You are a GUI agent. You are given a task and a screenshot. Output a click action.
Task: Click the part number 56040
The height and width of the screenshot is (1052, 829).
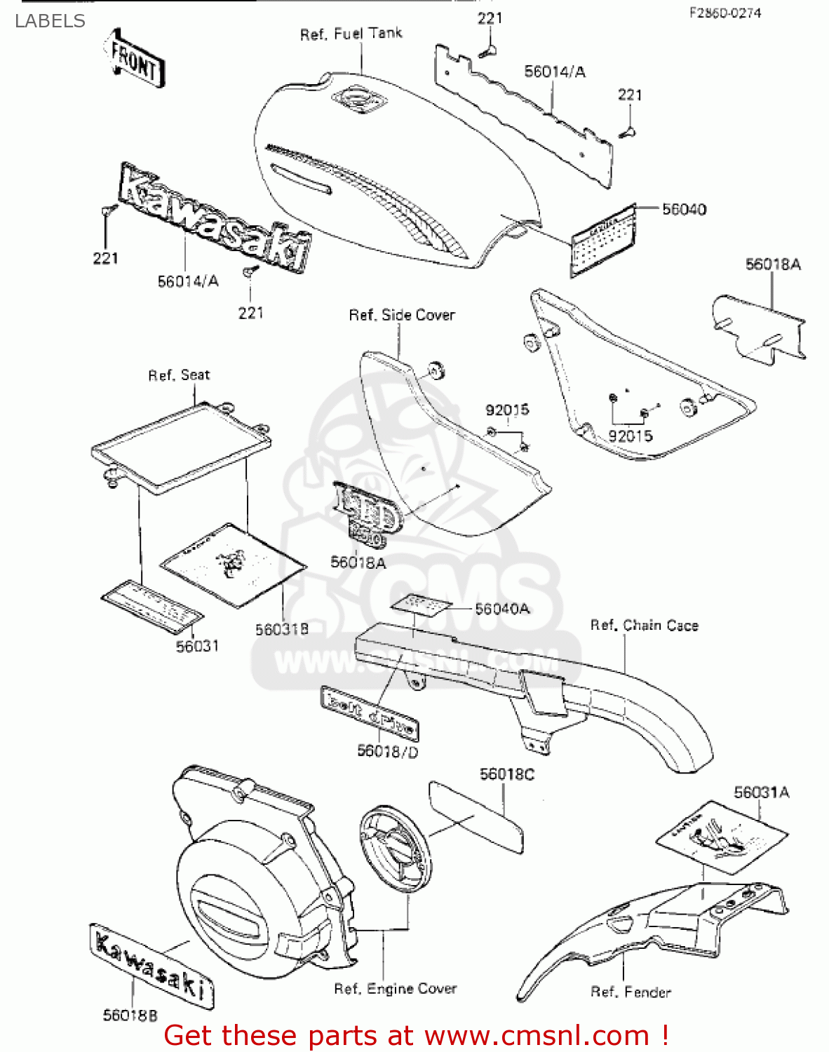click(684, 209)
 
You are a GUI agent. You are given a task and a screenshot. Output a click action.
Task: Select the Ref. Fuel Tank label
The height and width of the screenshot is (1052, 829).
click(351, 34)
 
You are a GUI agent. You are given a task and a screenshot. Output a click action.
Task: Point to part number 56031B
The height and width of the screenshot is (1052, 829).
click(281, 629)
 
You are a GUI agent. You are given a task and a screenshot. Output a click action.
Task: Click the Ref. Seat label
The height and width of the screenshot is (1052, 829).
click(179, 375)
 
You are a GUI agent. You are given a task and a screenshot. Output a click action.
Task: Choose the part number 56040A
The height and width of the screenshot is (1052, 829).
click(502, 609)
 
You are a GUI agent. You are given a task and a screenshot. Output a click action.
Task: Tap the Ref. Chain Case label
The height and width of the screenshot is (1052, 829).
click(644, 625)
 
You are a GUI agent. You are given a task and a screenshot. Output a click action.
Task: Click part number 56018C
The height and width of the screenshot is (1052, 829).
click(506, 774)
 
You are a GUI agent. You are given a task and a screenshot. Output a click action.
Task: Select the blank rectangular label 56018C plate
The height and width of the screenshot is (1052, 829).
click(476, 817)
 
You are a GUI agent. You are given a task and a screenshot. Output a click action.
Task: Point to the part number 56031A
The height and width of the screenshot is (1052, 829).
click(761, 793)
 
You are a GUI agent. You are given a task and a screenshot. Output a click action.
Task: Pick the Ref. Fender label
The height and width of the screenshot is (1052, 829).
click(631, 992)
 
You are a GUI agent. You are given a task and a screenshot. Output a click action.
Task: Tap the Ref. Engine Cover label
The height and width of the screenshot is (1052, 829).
click(395, 989)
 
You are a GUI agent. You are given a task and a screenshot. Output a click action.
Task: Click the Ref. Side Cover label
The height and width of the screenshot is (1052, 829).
click(402, 316)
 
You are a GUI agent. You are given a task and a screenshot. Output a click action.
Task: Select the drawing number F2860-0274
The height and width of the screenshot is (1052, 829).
click(724, 13)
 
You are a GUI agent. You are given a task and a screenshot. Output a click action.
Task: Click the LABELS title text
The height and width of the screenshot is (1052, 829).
click(50, 21)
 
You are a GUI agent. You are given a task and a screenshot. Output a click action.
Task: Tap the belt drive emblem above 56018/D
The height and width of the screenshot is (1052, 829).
click(370, 713)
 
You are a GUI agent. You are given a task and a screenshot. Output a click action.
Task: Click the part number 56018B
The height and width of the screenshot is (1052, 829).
click(130, 1015)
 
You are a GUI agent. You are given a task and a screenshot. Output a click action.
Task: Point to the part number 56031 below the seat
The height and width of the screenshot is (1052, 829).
click(197, 646)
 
